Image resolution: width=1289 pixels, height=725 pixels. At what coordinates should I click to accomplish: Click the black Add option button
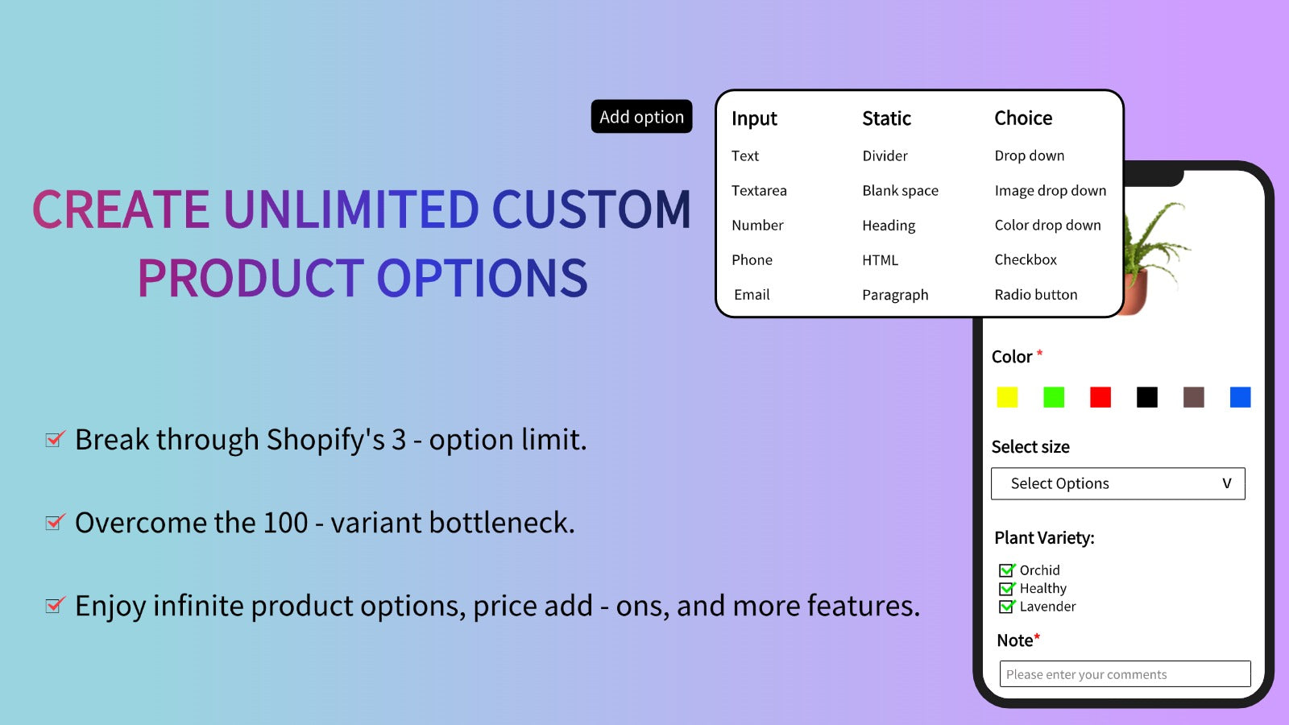pyautogui.click(x=641, y=116)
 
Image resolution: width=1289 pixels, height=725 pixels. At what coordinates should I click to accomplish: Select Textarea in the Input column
pyautogui.click(x=759, y=190)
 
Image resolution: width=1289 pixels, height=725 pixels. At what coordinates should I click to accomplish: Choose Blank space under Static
pyautogui.click(x=900, y=191)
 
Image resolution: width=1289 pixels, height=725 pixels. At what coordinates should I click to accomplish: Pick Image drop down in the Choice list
pyautogui.click(x=1051, y=191)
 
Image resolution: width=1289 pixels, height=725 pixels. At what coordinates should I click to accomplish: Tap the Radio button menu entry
pyautogui.click(x=1036, y=295)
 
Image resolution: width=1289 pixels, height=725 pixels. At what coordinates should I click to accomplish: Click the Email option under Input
pyautogui.click(x=752, y=295)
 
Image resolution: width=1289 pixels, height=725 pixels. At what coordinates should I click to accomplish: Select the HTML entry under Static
pyautogui.click(x=880, y=260)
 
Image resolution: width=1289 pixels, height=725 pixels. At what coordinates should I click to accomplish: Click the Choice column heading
pyautogui.click(x=1023, y=118)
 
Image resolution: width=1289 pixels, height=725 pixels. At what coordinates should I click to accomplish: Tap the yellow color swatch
pyautogui.click(x=1007, y=397)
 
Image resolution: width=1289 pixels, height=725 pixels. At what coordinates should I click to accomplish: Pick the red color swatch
pyautogui.click(x=1100, y=397)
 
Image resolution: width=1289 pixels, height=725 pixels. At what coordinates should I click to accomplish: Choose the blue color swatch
pyautogui.click(x=1240, y=397)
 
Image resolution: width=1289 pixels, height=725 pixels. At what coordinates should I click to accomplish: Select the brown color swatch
pyautogui.click(x=1193, y=397)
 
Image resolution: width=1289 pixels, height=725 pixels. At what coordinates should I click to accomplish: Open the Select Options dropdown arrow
pyautogui.click(x=1227, y=483)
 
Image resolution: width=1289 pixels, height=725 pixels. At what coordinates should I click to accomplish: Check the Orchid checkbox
pyautogui.click(x=1006, y=570)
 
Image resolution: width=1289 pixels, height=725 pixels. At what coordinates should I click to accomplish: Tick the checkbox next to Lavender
pyautogui.click(x=1006, y=607)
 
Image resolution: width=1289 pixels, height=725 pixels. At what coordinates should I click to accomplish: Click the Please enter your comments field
pyautogui.click(x=1125, y=673)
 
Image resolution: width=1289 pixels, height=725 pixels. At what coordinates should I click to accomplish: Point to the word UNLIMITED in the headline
pyautogui.click(x=351, y=209)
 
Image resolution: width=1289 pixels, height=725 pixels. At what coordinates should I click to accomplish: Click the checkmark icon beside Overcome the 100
pyautogui.click(x=56, y=522)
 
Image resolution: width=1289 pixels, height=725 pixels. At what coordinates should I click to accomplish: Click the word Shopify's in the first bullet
pyautogui.click(x=325, y=440)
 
